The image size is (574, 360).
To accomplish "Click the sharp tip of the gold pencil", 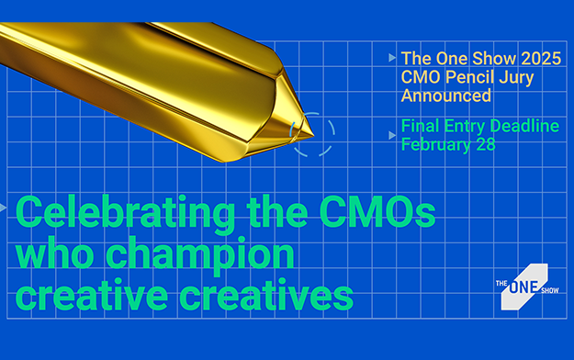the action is (313, 136).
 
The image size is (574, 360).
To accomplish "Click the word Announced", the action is (445, 96).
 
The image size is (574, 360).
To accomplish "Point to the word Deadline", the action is (524, 126).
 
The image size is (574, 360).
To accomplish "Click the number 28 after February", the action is (486, 144).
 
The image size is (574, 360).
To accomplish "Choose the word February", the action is (435, 145).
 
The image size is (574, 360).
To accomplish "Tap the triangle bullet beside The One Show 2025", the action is (392, 58).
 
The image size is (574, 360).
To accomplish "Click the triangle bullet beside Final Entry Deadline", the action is (392, 136).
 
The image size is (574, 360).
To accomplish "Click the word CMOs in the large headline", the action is (377, 212).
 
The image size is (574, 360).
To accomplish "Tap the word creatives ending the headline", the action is (266, 295).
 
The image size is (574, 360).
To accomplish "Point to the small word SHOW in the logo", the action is (550, 291).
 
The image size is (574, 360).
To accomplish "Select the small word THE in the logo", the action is (501, 283).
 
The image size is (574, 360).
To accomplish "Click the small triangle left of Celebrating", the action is (3, 208).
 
